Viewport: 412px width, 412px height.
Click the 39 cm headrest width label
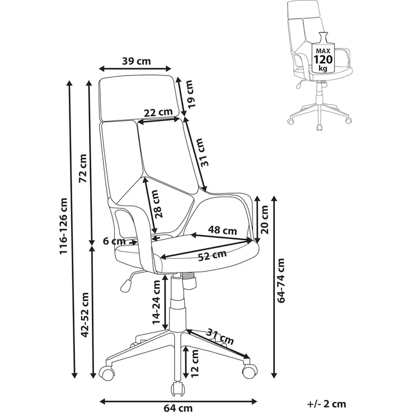pyautogui.click(x=137, y=61)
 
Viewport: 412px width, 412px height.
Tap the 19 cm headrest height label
pyautogui.click(x=190, y=94)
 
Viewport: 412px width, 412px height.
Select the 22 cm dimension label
pyautogui.click(x=158, y=113)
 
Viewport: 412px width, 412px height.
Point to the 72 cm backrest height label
pyautogui.click(x=83, y=168)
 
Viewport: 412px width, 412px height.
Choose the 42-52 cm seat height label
pyautogui.click(x=86, y=315)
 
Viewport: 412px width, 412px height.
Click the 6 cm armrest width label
pyautogui.click(x=114, y=241)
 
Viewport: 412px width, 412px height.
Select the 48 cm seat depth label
pyautogui.click(x=222, y=230)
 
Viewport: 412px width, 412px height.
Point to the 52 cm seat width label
pyautogui.click(x=212, y=255)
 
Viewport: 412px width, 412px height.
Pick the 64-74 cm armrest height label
pyautogui.click(x=281, y=280)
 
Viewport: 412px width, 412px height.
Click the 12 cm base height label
pyautogui.click(x=194, y=364)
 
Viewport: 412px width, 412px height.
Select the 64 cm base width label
pyautogui.click(x=178, y=408)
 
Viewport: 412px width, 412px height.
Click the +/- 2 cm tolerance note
pyautogui.click(x=326, y=404)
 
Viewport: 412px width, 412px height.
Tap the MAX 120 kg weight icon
pyautogui.click(x=322, y=56)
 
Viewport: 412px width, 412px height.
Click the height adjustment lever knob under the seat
pyautogui.click(x=126, y=286)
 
